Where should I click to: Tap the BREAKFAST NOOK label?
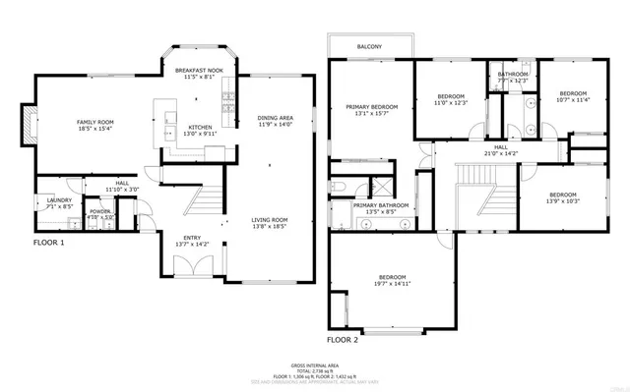200,72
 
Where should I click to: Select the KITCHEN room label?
200,127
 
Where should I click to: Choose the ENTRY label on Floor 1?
193,237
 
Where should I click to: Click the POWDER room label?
100,210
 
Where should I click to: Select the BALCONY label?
370,47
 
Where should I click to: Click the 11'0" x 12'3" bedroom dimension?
451,102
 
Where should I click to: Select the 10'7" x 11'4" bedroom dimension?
572,99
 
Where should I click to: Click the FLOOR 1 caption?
48,241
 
